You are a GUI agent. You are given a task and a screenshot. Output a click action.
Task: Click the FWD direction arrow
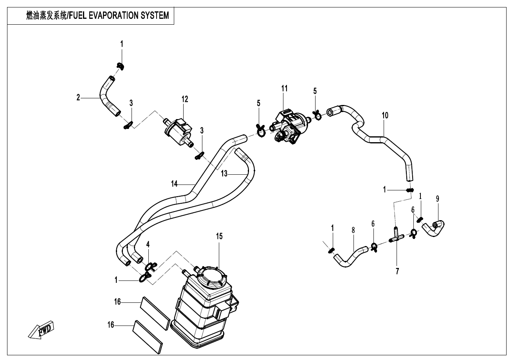43,330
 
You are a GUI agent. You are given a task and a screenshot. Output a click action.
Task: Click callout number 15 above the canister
219,236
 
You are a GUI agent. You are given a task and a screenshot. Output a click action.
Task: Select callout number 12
184,99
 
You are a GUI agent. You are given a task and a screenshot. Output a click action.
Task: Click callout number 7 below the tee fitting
397,270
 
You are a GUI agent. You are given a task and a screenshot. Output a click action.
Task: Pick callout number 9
438,198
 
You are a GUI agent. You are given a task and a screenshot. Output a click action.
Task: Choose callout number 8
353,230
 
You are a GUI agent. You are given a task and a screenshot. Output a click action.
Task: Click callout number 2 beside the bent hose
78,98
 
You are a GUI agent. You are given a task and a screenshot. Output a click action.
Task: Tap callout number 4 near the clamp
148,244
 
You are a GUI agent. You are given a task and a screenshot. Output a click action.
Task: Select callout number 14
175,183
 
